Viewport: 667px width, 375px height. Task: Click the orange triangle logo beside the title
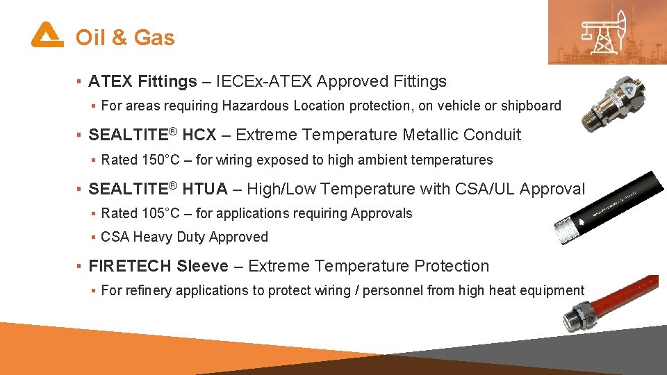coord(47,35)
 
